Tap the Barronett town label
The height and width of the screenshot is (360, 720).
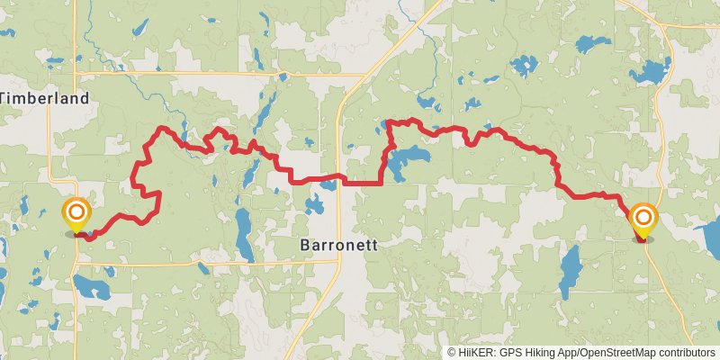338,245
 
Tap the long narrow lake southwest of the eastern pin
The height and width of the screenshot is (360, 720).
569,270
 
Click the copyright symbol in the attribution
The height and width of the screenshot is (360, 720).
452,353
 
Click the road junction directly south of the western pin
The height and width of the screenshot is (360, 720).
76,263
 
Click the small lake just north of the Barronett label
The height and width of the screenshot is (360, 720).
314,204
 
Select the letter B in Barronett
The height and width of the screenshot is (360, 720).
303,245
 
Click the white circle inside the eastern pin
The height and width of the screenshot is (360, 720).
643,216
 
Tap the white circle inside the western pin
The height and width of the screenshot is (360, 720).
77,212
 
